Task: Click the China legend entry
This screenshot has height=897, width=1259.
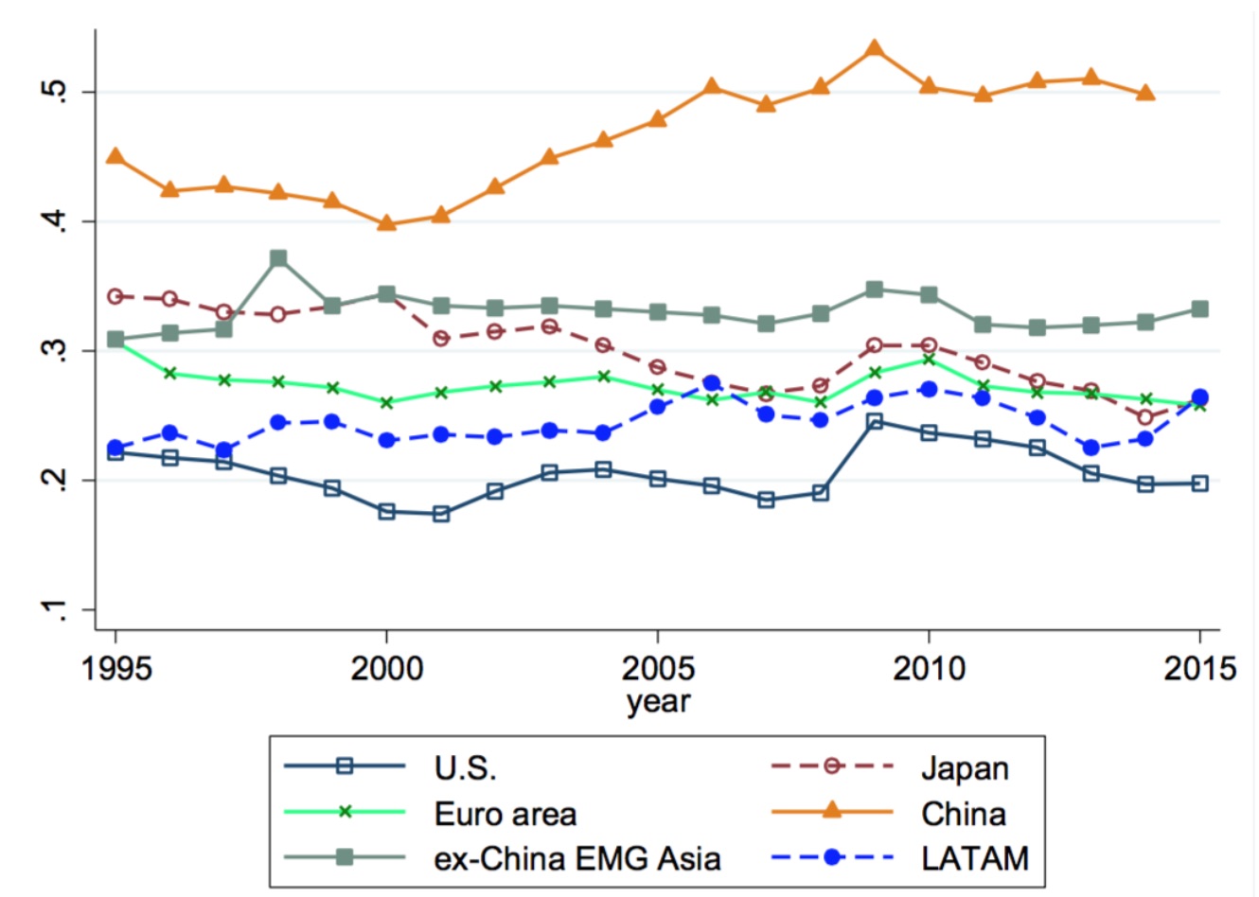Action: pos(964,813)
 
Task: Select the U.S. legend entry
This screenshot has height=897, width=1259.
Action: pos(466,767)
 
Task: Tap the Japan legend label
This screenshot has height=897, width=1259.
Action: pos(965,767)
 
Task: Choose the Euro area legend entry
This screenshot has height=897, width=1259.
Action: pos(505,813)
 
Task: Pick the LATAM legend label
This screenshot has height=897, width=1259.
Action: pos(974,858)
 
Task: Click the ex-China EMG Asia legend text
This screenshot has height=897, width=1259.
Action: pos(577,858)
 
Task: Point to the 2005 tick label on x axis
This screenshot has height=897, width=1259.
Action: pos(657,668)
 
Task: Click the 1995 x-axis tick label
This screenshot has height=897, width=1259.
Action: pos(116,668)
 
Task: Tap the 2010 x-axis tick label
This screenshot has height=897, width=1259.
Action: pos(928,668)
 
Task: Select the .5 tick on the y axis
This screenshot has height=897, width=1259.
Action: pos(59,92)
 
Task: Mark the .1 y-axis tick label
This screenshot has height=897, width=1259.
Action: pos(59,610)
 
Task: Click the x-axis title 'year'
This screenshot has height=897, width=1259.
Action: pos(658,701)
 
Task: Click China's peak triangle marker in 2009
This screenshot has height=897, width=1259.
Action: pos(875,48)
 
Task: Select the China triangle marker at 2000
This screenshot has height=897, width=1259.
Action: pos(386,223)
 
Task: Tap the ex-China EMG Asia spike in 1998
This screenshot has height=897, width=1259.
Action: pos(278,258)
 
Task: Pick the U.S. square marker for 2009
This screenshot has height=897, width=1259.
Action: pos(875,422)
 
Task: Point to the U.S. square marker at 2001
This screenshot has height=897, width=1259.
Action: pos(440,514)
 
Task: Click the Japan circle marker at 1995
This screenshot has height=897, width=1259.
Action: pos(115,296)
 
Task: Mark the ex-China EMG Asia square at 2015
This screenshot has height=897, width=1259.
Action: pos(1199,309)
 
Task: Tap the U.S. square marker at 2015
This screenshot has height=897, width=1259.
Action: pos(1199,484)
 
